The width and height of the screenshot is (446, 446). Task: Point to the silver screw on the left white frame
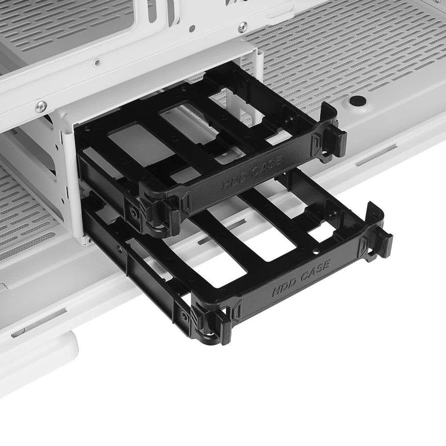[41, 106]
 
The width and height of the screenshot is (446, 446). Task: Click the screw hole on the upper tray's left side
[133, 211]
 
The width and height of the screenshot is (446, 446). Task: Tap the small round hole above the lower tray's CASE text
[315, 252]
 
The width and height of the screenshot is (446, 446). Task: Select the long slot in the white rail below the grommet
[376, 155]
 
